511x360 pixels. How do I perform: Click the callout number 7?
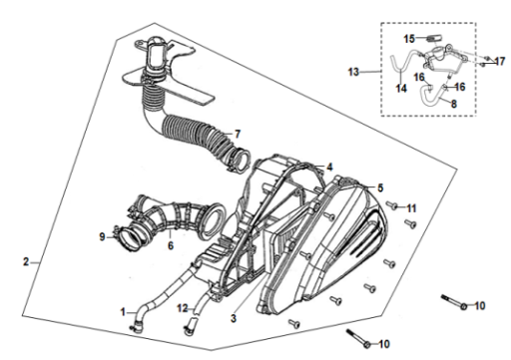(238, 134)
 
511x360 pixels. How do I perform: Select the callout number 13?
(353, 72)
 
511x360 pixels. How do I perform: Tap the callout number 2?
(26, 261)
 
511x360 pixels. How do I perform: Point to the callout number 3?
(234, 318)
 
